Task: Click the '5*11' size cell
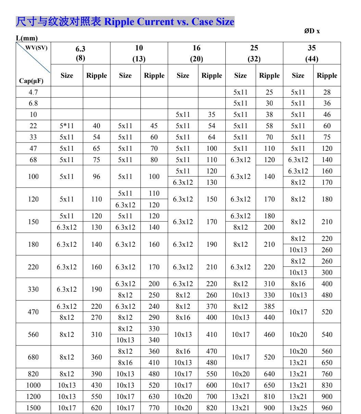pyautogui.click(x=67, y=126)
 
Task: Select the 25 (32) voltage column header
pyautogui.click(x=254, y=53)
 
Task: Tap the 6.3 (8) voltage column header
pyautogui.click(x=80, y=53)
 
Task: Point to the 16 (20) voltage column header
pyautogui.click(x=197, y=53)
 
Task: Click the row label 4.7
pyautogui.click(x=33, y=92)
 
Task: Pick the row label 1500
pyautogui.click(x=33, y=408)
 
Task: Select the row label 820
pyautogui.click(x=33, y=374)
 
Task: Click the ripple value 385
pyautogui.click(x=270, y=306)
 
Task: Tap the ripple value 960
pyautogui.click(x=327, y=408)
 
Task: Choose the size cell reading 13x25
pyautogui.click(x=298, y=408)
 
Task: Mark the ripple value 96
pyautogui.click(x=97, y=176)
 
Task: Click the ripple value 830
pyautogui.click(x=327, y=385)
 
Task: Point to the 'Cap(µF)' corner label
pyautogui.click(x=31, y=81)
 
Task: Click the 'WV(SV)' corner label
pyautogui.click(x=36, y=48)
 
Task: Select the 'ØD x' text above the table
pyautogui.click(x=312, y=31)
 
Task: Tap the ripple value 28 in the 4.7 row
pyautogui.click(x=327, y=92)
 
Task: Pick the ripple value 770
pyautogui.click(x=154, y=408)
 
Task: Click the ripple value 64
pyautogui.click(x=212, y=137)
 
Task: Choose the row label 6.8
pyautogui.click(x=33, y=103)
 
